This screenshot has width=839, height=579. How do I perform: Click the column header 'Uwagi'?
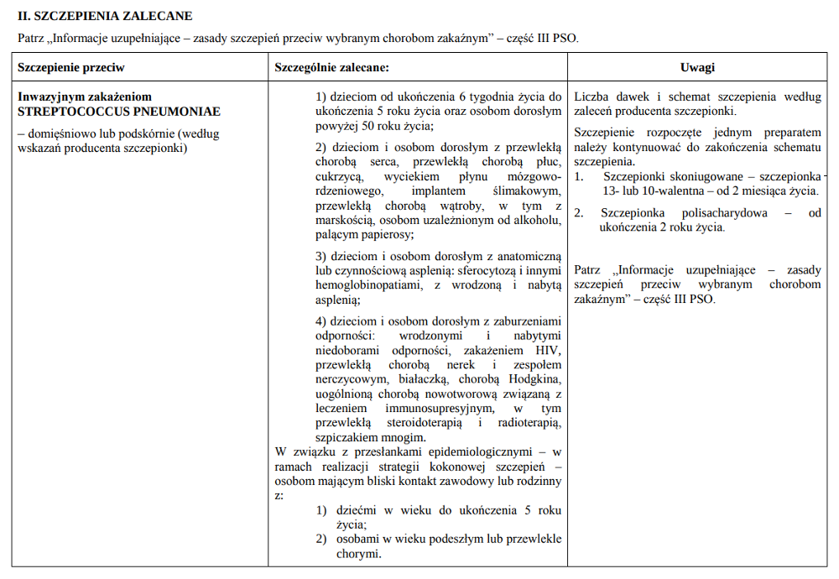tap(698, 68)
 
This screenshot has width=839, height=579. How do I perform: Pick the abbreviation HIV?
tap(550, 350)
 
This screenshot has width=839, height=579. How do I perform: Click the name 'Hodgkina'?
tap(537, 380)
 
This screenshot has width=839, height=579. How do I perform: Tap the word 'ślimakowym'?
tap(531, 191)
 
